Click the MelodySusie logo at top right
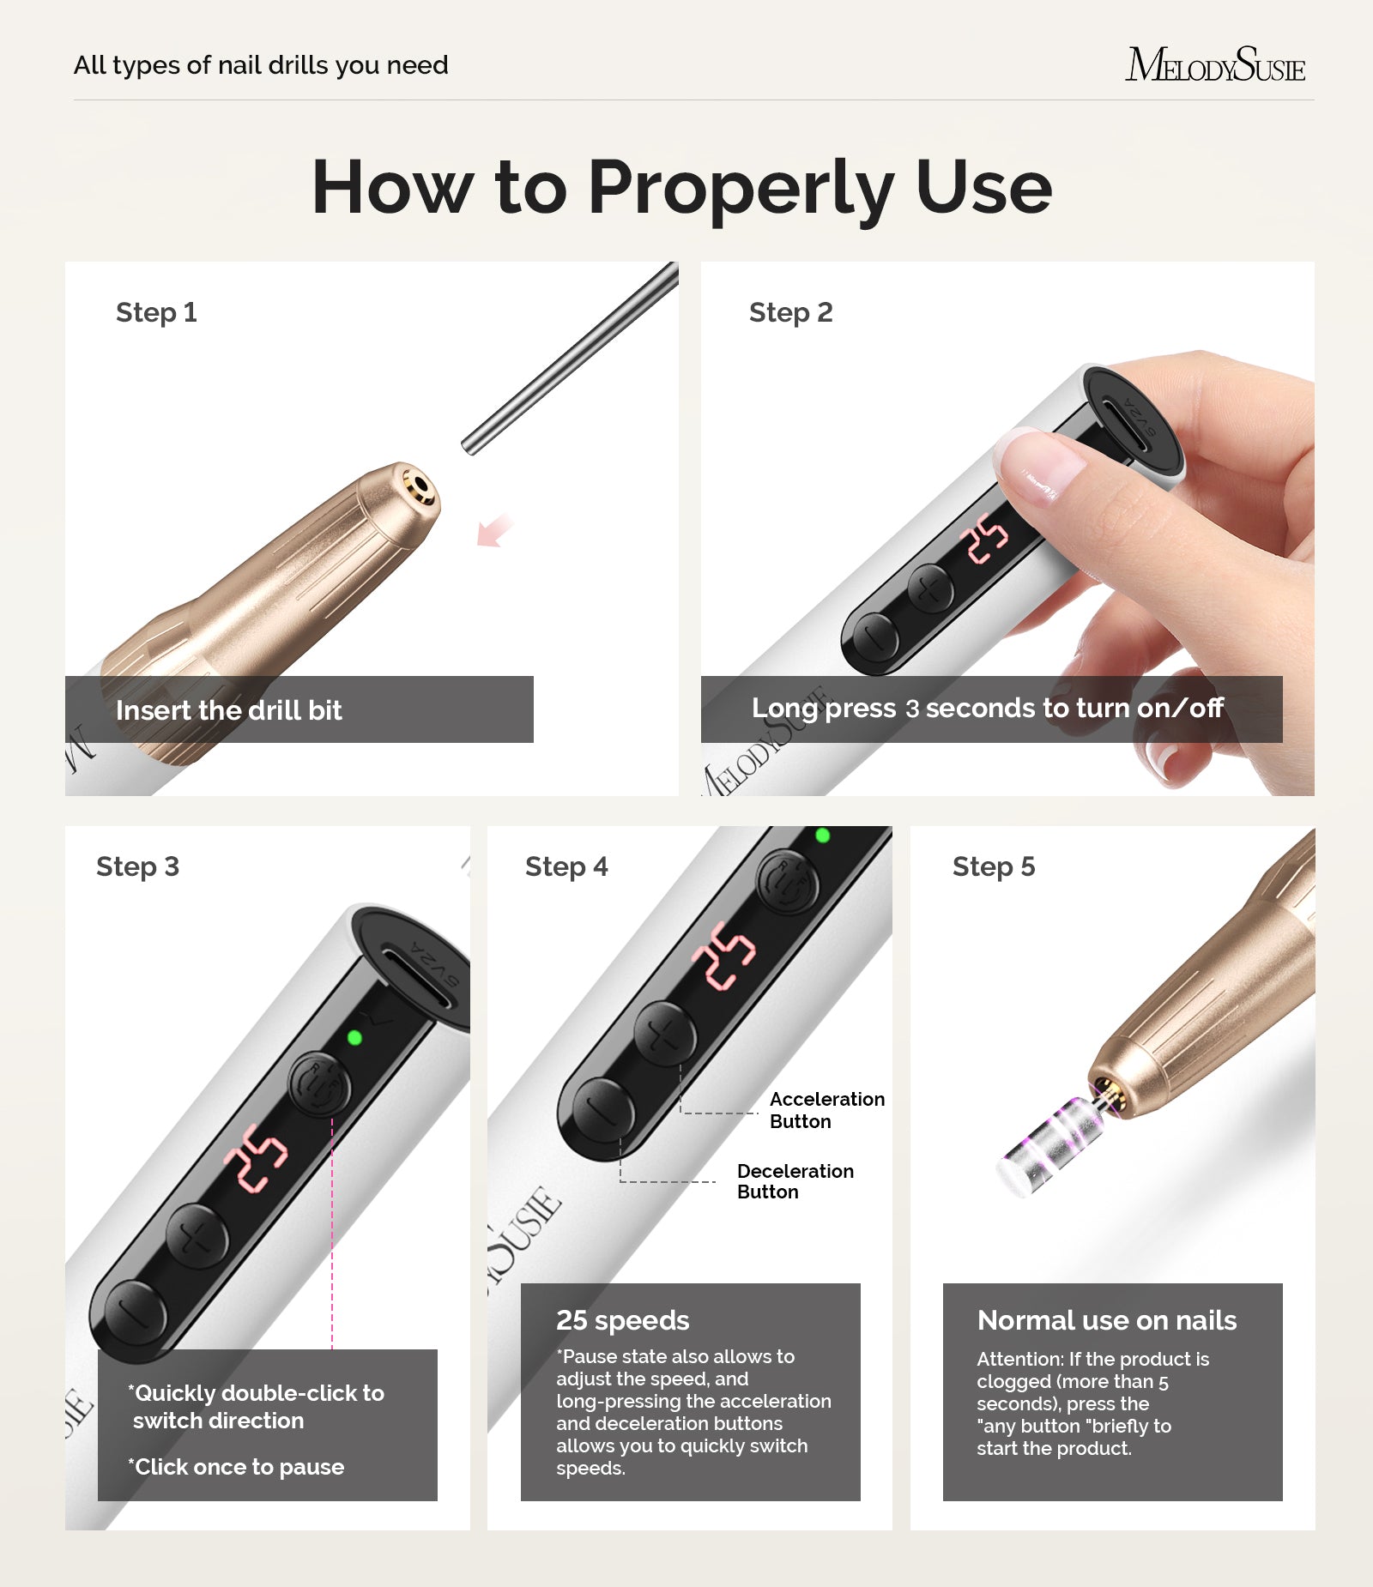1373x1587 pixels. [1215, 65]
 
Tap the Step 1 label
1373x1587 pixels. [156, 312]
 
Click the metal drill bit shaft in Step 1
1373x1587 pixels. [570, 359]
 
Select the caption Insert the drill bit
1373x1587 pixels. [228, 710]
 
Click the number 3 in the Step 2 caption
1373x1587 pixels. [912, 709]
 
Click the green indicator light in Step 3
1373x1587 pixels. [354, 1038]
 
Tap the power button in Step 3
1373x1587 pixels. [318, 1085]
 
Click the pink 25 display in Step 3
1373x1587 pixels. [255, 1157]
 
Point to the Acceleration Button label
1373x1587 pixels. [826, 1110]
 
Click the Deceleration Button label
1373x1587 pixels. [794, 1181]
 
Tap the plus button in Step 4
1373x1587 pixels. [664, 1035]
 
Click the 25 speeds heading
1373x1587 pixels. [622, 1320]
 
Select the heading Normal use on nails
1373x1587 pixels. [1106, 1320]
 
